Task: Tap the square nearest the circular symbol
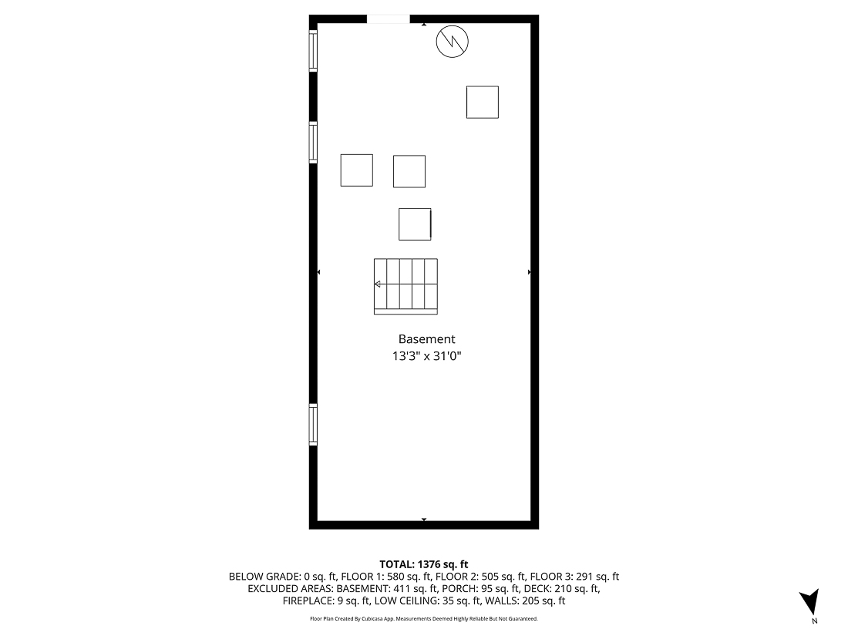[483, 102]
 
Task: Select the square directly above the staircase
[415, 224]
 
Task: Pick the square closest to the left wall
[357, 170]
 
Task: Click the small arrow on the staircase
[378, 284]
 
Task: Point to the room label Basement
[426, 339]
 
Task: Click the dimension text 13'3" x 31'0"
[426, 356]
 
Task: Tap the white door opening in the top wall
[388, 19]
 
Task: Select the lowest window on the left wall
[314, 425]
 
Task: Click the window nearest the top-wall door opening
[314, 50]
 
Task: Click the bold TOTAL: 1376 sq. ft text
[424, 564]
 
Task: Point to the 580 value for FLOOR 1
[394, 577]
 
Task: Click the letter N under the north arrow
[814, 621]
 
